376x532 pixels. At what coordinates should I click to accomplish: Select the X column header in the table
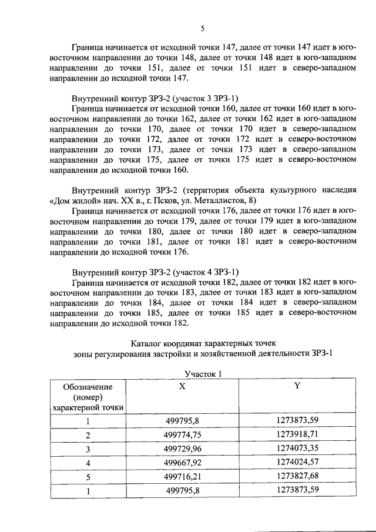tap(183, 387)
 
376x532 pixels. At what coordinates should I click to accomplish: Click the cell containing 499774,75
tap(183, 435)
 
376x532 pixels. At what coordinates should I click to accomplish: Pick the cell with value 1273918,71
tap(297, 435)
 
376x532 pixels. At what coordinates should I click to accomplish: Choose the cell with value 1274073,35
tap(297, 449)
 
